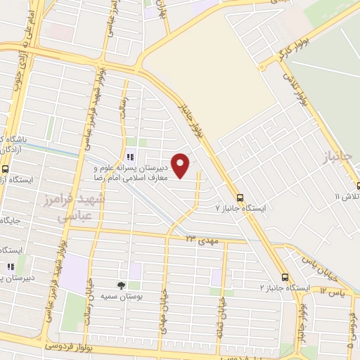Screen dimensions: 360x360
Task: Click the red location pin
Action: click(x=181, y=165)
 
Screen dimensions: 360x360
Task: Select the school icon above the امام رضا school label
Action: click(x=129, y=157)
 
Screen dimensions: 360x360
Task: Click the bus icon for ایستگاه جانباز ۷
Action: click(x=240, y=198)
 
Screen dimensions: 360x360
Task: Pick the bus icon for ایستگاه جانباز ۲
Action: click(x=285, y=277)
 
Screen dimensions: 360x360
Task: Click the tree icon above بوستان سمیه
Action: click(x=120, y=285)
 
